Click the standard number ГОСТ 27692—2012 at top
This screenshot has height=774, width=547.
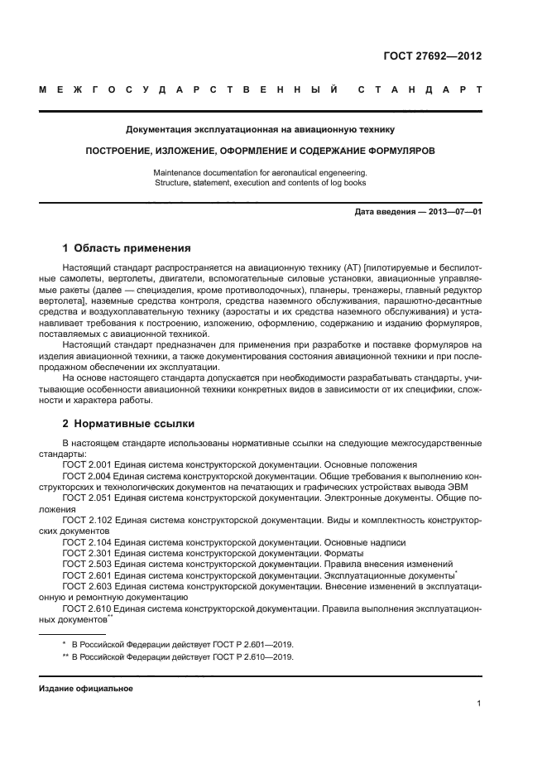pos(432,57)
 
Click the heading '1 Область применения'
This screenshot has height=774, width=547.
pos(127,248)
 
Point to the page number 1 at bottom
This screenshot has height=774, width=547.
pos(479,704)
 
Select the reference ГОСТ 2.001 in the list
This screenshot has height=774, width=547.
pos(87,465)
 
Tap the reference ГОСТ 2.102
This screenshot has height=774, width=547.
pos(87,521)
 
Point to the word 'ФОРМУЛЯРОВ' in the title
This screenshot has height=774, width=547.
pos(393,151)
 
